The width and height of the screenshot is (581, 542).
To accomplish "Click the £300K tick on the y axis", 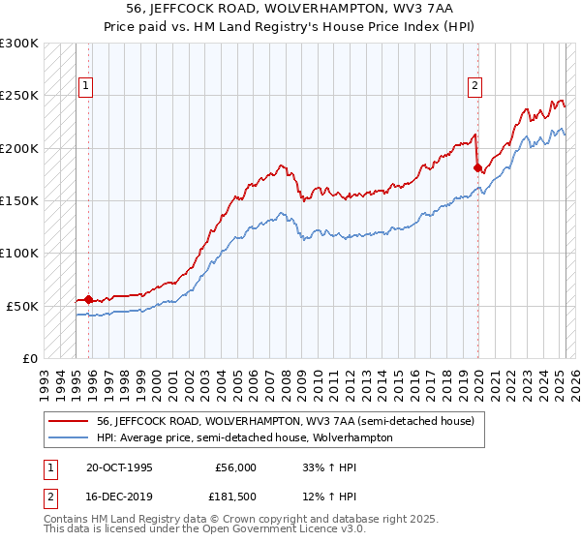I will (19, 44).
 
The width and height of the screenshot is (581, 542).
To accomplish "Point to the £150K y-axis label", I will (19, 200).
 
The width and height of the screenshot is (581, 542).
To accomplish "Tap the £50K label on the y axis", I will (23, 306).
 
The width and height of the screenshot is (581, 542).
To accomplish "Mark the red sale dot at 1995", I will (89, 299).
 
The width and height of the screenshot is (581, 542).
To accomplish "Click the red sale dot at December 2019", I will (477, 167).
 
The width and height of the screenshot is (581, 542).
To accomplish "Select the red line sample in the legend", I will (70, 422).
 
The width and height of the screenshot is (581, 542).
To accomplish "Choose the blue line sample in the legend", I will (70, 437).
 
